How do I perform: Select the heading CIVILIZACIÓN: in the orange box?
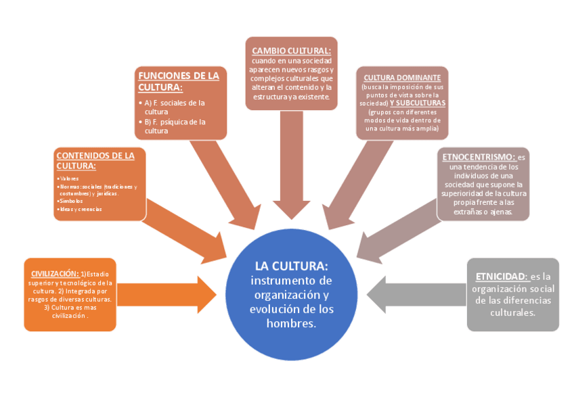[56, 272]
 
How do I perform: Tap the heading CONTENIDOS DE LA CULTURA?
[94, 160]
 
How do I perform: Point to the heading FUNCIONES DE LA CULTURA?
[178, 81]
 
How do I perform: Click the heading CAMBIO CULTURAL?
[291, 51]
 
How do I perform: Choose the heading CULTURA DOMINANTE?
[402, 78]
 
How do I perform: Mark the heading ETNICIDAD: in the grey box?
[501, 277]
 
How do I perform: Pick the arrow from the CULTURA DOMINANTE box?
[352, 183]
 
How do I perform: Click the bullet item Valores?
[70, 178]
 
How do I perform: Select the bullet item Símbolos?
[72, 201]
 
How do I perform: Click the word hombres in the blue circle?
[291, 323]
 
